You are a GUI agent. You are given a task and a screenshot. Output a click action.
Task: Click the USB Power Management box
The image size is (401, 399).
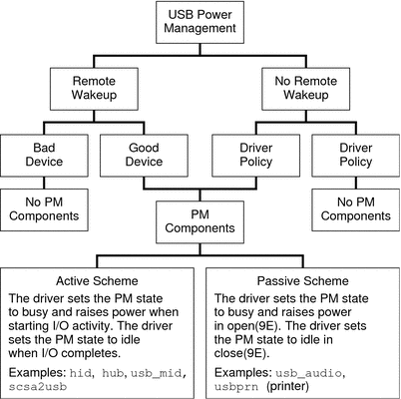pyautogui.click(x=200, y=23)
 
